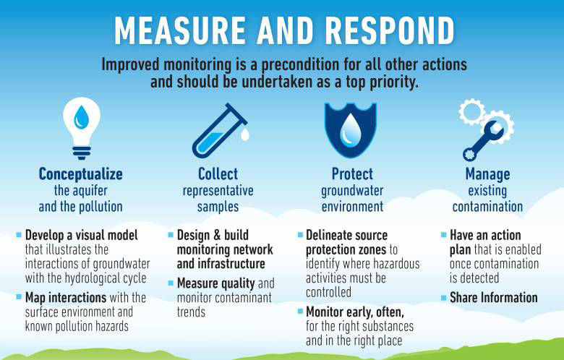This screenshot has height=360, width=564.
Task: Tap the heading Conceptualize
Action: [x=80, y=174]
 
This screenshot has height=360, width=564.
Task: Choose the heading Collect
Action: [x=218, y=174]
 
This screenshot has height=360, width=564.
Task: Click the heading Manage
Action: [x=487, y=174]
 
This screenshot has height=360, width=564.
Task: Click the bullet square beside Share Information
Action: [x=444, y=296]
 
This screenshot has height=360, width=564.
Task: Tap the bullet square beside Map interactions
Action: [x=19, y=296]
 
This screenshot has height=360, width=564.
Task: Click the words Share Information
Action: [x=493, y=297]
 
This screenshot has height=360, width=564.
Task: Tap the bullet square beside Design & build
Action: [x=171, y=236]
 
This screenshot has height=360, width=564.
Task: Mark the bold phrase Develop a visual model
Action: [x=81, y=236]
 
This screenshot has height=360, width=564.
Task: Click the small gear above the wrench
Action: [x=471, y=111]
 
